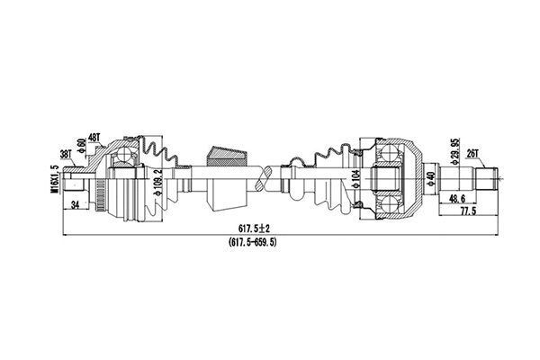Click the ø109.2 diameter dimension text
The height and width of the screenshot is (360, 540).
point(157,183)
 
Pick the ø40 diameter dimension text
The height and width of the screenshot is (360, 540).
point(431,178)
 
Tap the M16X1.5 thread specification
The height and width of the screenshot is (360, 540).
point(57,178)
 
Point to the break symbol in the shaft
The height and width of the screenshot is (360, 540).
point(263,178)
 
